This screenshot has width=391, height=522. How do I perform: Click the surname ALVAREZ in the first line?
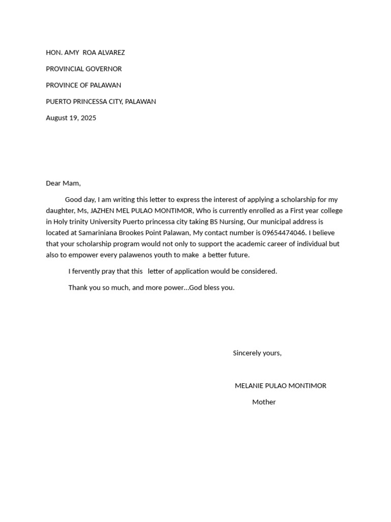113,53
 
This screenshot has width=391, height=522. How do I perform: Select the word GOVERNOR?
103,69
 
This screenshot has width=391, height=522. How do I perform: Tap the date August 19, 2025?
71,118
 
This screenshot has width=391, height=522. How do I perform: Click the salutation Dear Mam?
63,183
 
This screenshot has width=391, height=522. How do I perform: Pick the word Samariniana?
97,233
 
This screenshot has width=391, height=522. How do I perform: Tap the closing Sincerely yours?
257,353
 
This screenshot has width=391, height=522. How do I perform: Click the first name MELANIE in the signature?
249,386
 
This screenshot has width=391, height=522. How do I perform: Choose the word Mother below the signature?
264,402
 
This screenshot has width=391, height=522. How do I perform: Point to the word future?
237,255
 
